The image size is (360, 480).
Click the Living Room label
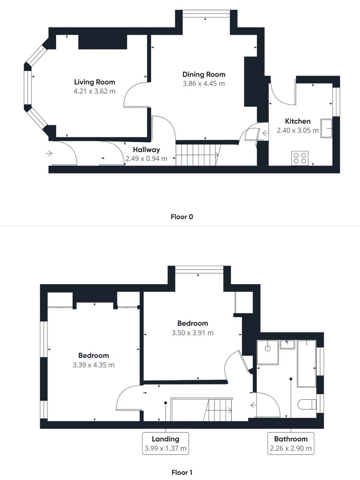tap(95, 82)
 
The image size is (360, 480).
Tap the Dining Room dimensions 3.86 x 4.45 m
tap(204, 84)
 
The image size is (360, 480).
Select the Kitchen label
tap(298, 121)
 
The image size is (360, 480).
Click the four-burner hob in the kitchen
tap(300, 158)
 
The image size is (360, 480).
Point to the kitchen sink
tap(326, 128)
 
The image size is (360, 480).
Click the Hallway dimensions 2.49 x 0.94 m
tap(146, 158)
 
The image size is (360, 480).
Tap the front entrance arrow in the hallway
tap(49, 153)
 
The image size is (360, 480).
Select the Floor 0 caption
tap(182, 217)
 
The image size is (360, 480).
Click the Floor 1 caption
tap(182, 472)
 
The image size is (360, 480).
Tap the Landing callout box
tap(166, 443)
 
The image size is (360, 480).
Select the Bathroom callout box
tap(291, 443)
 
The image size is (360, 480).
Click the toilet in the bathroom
tap(307, 404)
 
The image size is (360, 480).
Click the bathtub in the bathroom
tap(307, 364)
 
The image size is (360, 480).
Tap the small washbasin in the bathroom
tap(288, 344)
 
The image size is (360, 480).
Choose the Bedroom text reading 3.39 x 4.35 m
tap(94, 365)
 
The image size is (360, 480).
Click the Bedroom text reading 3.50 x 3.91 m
tap(193, 333)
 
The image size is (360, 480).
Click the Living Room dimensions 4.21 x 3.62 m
tap(95, 91)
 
